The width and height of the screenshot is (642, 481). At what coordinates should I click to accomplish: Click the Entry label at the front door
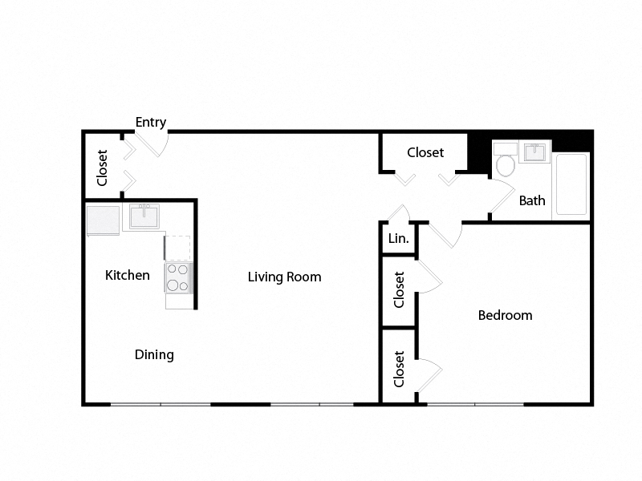click(x=151, y=123)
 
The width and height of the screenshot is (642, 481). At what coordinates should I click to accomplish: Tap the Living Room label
click(x=284, y=277)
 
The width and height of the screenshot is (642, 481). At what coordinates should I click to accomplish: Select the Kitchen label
click(x=128, y=276)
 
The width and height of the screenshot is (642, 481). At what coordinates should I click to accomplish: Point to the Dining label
click(x=154, y=354)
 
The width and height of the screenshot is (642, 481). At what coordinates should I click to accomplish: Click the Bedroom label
click(x=505, y=315)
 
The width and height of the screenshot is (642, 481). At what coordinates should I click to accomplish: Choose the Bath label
click(x=532, y=200)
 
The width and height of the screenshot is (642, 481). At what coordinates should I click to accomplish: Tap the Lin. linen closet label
click(x=398, y=239)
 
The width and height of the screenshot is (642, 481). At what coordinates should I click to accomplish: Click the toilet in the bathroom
click(x=506, y=164)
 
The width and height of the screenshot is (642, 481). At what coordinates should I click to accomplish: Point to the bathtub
click(x=571, y=184)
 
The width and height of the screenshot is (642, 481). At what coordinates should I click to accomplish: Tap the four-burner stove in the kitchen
click(x=177, y=277)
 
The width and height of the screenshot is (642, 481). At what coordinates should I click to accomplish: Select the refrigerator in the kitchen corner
click(x=103, y=220)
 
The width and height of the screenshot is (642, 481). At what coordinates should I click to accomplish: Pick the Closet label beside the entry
click(x=103, y=168)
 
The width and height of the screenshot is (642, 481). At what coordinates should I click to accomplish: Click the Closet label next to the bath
click(x=425, y=152)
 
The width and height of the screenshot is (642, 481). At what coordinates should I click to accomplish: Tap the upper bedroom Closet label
click(x=399, y=289)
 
